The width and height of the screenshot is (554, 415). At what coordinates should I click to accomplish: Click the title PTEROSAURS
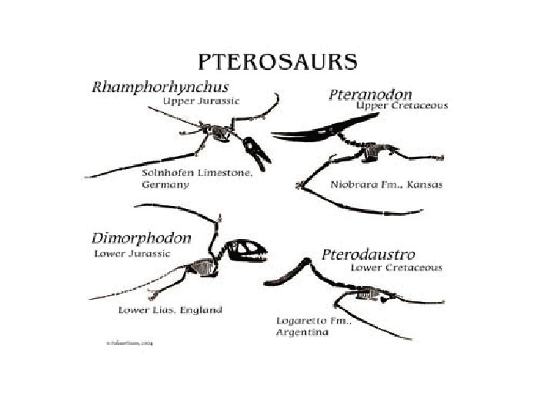point(277,61)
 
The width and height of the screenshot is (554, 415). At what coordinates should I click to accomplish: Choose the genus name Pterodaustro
point(369,254)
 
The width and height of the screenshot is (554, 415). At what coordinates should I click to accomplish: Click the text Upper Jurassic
point(201,101)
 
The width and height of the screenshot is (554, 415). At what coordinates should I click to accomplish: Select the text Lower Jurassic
point(131,253)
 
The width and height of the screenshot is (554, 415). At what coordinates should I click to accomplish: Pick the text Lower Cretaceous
point(396,267)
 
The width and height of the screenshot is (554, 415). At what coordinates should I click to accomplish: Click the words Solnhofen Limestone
point(197,174)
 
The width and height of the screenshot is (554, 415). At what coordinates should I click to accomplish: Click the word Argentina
point(302,332)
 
